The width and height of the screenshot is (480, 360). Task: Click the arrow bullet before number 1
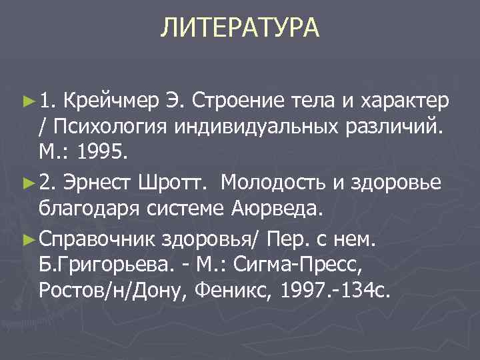(27, 101)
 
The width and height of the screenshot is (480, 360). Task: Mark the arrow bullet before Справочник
(27, 237)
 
